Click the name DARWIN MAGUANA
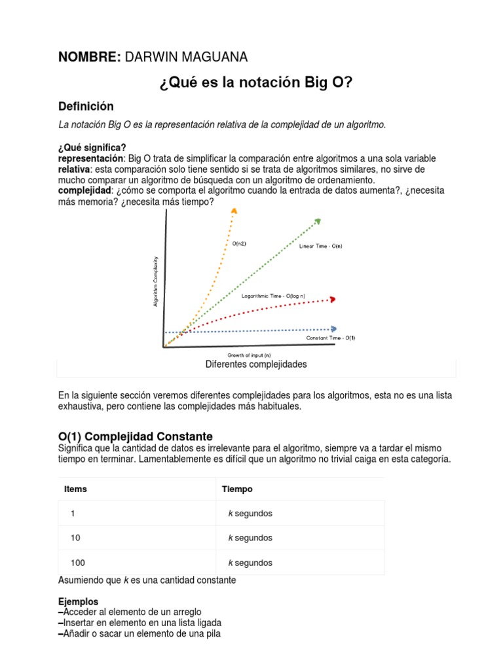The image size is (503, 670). (186, 58)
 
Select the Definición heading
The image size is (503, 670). (86, 106)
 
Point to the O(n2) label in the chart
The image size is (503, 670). (240, 243)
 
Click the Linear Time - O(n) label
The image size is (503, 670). (320, 247)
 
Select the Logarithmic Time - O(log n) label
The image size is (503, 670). (273, 296)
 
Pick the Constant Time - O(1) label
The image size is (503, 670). (331, 338)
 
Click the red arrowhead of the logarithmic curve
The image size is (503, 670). (333, 299)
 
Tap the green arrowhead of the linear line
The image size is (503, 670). (318, 221)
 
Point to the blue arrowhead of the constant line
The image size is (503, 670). (335, 329)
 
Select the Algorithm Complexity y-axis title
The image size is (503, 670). (156, 281)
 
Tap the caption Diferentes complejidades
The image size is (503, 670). (256, 364)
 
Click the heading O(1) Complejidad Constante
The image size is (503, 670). (136, 436)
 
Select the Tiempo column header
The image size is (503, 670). (237, 489)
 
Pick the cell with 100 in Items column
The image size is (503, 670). (78, 563)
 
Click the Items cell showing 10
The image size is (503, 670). (75, 538)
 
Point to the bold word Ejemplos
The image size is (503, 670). (78, 601)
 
